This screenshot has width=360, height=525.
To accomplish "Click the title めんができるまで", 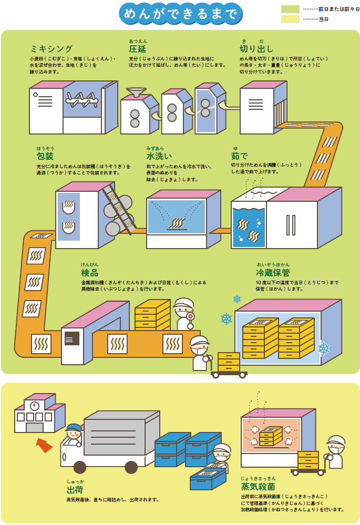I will point(180,14).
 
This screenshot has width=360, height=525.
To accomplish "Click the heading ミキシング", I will point(52,49).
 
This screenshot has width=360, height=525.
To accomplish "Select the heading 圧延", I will point(138,49).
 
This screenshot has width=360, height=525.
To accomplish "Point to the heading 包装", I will point(45,156).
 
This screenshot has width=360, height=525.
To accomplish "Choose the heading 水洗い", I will point(158,157).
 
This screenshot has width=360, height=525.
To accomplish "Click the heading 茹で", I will point(239,157).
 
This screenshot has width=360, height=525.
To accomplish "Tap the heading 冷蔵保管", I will point(273,273).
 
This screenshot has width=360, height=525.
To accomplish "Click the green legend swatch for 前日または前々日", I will point(290,9).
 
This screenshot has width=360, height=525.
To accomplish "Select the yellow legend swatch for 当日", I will point(290,19).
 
